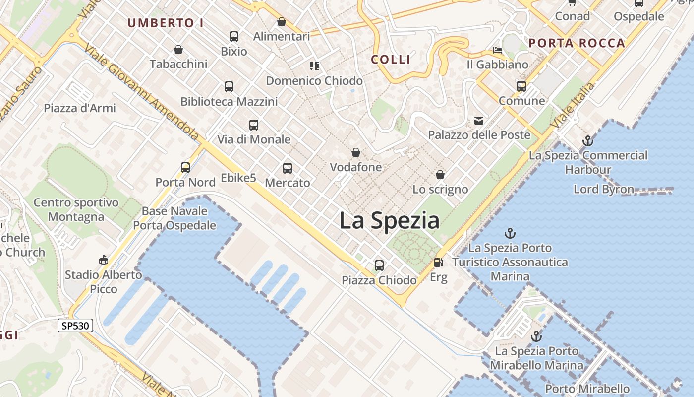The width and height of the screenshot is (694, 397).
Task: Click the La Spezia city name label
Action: pos(389,220)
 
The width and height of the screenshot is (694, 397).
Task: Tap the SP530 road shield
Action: pos(75,326)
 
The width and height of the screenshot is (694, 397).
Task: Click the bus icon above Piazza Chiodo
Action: pos(379,265)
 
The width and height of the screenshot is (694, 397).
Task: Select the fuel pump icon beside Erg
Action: pos(438,263)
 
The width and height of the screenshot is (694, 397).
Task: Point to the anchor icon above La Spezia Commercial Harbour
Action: pos(587,141)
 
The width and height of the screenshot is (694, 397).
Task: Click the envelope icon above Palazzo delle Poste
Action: pos(479,120)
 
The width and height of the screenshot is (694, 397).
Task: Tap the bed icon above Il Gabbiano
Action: pos(498,50)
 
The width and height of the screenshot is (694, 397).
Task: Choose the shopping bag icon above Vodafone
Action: pos(356,152)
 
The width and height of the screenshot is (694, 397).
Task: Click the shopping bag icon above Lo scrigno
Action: pos(440,175)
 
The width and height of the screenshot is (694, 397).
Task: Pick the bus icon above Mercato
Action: pos(288,168)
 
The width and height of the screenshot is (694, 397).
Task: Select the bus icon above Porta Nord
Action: pos(185,168)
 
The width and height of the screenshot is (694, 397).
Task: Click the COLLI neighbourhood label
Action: pos(391,60)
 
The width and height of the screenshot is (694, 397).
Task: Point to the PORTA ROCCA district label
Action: pos(577,43)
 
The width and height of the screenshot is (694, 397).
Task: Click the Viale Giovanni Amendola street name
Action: pos(142,92)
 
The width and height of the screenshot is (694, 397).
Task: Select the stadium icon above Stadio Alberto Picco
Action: pos(103,260)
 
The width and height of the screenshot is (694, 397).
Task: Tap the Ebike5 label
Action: pos(238,178)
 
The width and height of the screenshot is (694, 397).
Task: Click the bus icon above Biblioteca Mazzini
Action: pos(229,87)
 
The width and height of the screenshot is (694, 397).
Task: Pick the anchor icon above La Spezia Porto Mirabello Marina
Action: pos(536,336)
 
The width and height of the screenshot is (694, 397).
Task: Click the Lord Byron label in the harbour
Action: pos(603,189)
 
